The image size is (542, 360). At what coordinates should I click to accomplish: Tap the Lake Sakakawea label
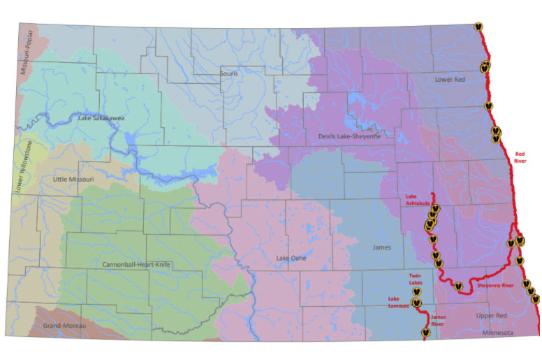pos(101,118)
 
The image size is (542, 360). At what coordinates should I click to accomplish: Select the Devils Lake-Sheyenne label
pos(349,136)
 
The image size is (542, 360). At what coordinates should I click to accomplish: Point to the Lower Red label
pos(449,79)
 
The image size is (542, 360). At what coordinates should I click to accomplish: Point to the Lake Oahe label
pos(292,259)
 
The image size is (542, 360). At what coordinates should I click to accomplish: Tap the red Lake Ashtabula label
pos(417,201)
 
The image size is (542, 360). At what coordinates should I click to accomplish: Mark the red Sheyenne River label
pos(495,285)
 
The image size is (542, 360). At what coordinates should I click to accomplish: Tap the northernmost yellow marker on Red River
pos(478,25)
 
